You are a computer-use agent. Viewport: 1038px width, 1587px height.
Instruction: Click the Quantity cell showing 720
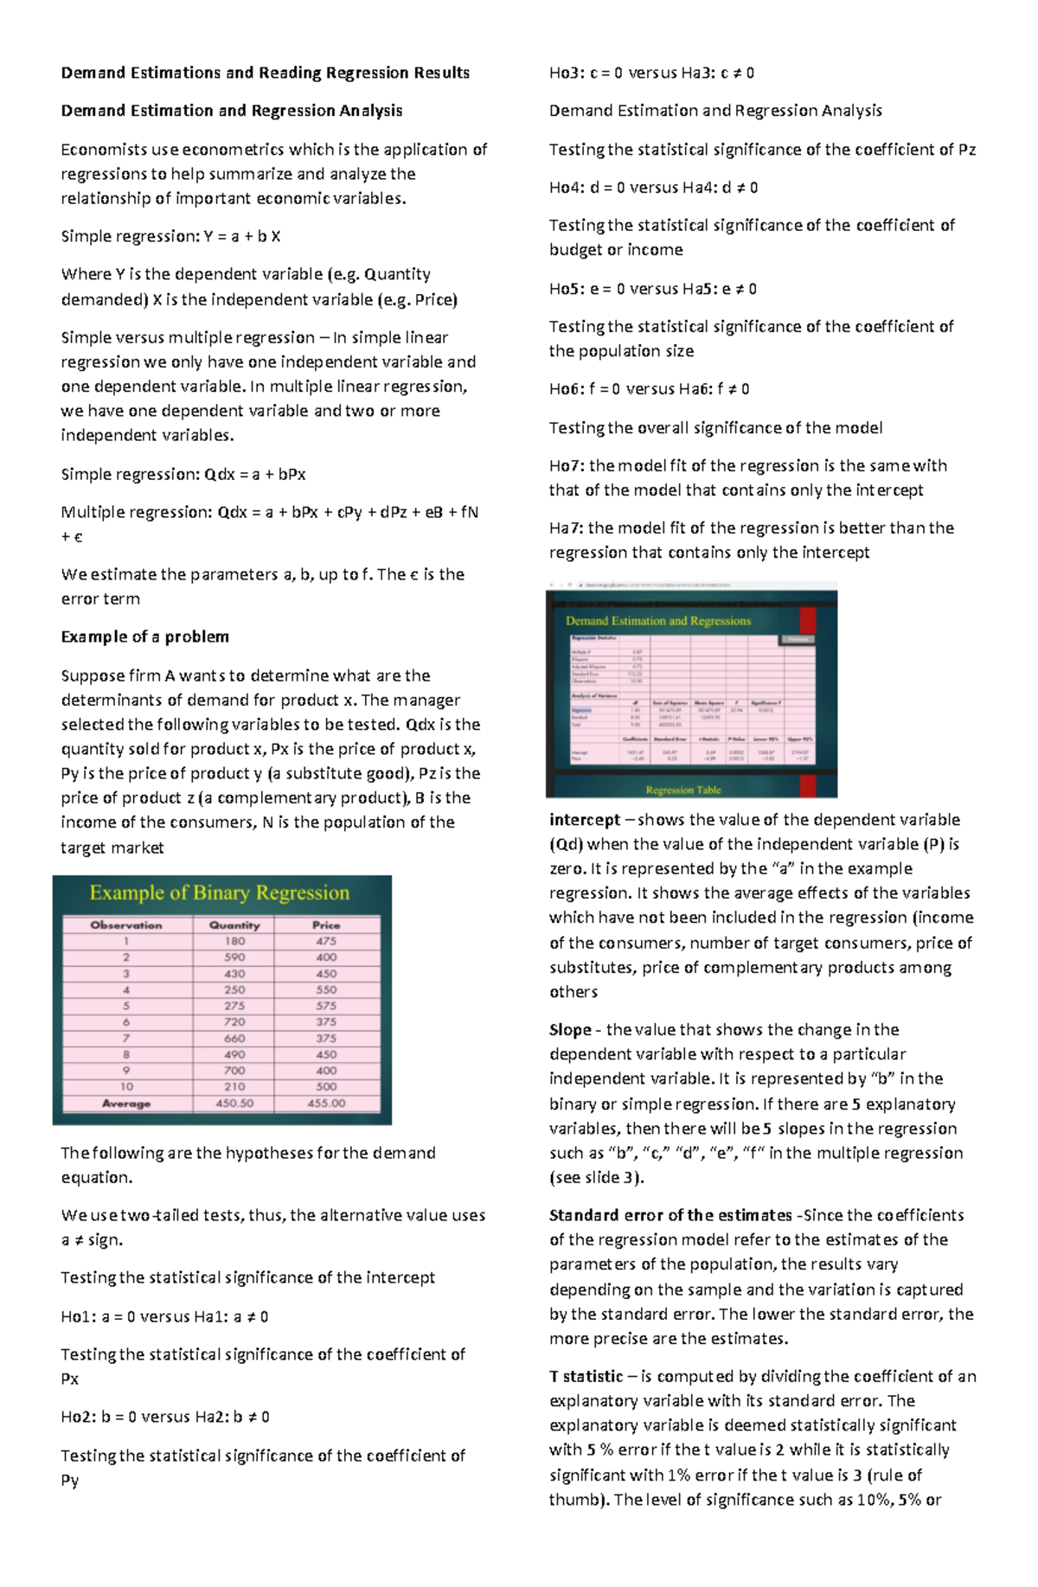coord(234,1021)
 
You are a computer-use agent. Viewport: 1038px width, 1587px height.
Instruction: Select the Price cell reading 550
coord(326,989)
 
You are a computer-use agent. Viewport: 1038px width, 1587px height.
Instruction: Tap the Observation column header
coord(126,925)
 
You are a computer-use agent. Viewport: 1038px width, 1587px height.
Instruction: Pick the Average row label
coord(126,1104)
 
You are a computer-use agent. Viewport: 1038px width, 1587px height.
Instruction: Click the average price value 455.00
coord(326,1104)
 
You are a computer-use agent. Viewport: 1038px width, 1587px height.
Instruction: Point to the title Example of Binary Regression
coord(220,893)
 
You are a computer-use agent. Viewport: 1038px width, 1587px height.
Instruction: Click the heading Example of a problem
coord(144,637)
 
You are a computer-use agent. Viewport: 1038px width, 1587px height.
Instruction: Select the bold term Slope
coord(570,1030)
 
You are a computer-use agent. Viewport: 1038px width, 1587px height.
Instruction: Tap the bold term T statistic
coord(586,1376)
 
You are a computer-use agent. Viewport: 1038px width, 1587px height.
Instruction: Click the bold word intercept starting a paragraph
coord(585,820)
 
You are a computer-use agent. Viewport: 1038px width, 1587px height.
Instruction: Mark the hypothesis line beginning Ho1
coord(164,1316)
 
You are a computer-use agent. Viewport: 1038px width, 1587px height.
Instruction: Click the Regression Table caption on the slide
coord(682,790)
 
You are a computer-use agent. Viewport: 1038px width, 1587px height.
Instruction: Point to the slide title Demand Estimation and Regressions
coord(658,621)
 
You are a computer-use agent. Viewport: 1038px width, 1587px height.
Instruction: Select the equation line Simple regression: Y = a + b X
coord(170,236)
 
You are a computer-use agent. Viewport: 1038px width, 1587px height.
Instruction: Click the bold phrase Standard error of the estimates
coord(670,1215)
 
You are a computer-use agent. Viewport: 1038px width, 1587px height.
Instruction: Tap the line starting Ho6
coord(649,389)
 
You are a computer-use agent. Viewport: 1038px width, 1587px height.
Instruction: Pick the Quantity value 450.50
coord(234,1104)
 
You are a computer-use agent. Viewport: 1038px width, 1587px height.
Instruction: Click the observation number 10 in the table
coord(126,1086)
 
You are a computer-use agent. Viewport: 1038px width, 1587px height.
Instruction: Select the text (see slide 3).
coord(596,1177)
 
